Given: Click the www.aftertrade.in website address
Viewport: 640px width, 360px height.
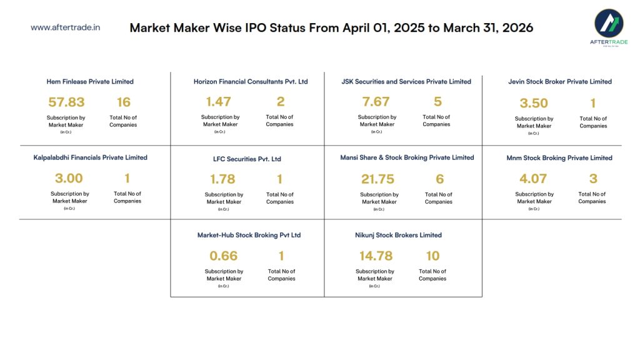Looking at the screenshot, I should point(65,27).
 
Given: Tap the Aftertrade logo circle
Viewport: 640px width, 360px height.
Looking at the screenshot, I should point(608,24).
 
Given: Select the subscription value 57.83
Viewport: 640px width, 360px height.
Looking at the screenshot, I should point(66,102).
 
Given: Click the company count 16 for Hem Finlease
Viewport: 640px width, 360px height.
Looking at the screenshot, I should point(123,102).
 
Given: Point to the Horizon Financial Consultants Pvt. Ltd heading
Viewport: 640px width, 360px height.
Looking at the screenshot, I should point(251,81).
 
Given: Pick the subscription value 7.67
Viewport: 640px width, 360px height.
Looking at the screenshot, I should point(376,101).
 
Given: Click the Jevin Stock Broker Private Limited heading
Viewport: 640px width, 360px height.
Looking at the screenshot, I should point(560,81).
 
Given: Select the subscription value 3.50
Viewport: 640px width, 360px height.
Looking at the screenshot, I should point(534,103).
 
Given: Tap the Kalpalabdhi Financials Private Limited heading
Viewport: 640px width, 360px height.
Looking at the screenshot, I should point(90,157).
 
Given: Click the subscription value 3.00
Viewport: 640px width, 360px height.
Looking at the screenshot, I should point(69,178).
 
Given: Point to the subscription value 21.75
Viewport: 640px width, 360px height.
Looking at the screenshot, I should point(377,179).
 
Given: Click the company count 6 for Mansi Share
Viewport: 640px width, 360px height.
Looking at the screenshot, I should point(439,179).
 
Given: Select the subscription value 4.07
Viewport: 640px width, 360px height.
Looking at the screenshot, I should point(533,179).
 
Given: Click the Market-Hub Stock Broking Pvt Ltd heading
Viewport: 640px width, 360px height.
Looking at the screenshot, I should point(249,235).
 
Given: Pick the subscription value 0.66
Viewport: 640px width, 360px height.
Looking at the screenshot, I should point(223,256).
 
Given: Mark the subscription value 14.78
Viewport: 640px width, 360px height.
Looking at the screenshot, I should point(376,256).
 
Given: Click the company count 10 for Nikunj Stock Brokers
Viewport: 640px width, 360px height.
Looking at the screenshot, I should point(432,256).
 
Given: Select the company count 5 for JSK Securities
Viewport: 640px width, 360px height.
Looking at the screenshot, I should point(437,101).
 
